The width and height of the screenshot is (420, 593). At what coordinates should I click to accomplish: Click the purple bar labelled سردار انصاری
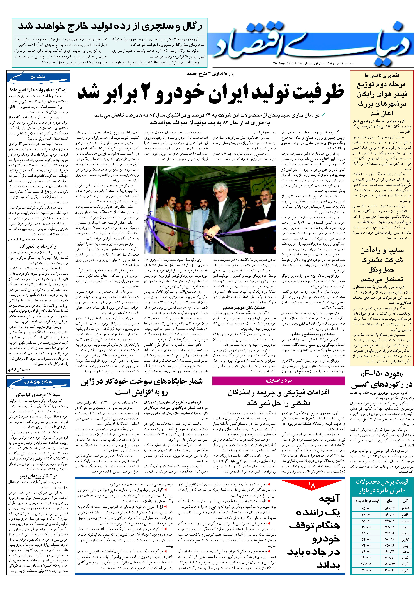point(278,381)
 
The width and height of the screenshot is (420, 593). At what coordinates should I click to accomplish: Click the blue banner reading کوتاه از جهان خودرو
point(38,382)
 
